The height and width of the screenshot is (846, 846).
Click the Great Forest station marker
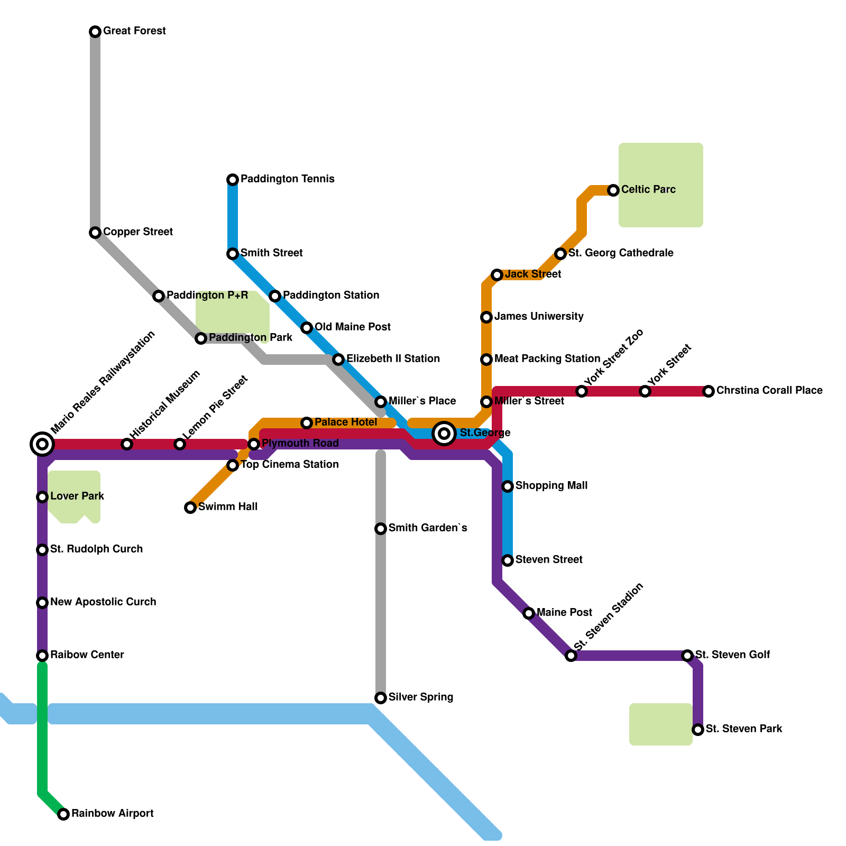click(x=95, y=32)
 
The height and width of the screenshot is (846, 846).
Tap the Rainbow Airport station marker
click(x=63, y=814)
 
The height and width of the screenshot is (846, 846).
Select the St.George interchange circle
click(x=445, y=434)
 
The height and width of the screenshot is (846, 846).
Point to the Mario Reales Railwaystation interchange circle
click(x=42, y=444)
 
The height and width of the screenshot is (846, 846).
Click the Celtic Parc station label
click(x=648, y=189)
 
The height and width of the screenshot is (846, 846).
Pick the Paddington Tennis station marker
click(x=233, y=180)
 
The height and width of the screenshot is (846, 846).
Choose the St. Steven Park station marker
click(x=698, y=730)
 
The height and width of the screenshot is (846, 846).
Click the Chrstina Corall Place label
click(x=769, y=390)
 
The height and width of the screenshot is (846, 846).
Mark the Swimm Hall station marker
click(x=190, y=508)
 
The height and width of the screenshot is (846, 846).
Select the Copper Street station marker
click(x=95, y=233)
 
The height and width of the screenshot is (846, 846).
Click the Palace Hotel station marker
click(x=307, y=423)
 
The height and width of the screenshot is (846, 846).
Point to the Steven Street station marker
click(x=508, y=560)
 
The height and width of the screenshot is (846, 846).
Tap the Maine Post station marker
click(x=529, y=613)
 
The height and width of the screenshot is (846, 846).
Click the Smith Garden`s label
click(x=428, y=528)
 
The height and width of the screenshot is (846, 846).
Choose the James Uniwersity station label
click(x=539, y=317)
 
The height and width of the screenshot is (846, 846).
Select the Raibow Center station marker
click(x=42, y=656)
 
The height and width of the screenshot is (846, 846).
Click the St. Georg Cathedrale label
click(x=621, y=253)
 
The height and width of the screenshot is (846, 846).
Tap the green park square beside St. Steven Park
click(x=661, y=724)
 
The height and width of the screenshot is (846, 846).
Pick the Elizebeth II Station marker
click(x=338, y=360)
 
